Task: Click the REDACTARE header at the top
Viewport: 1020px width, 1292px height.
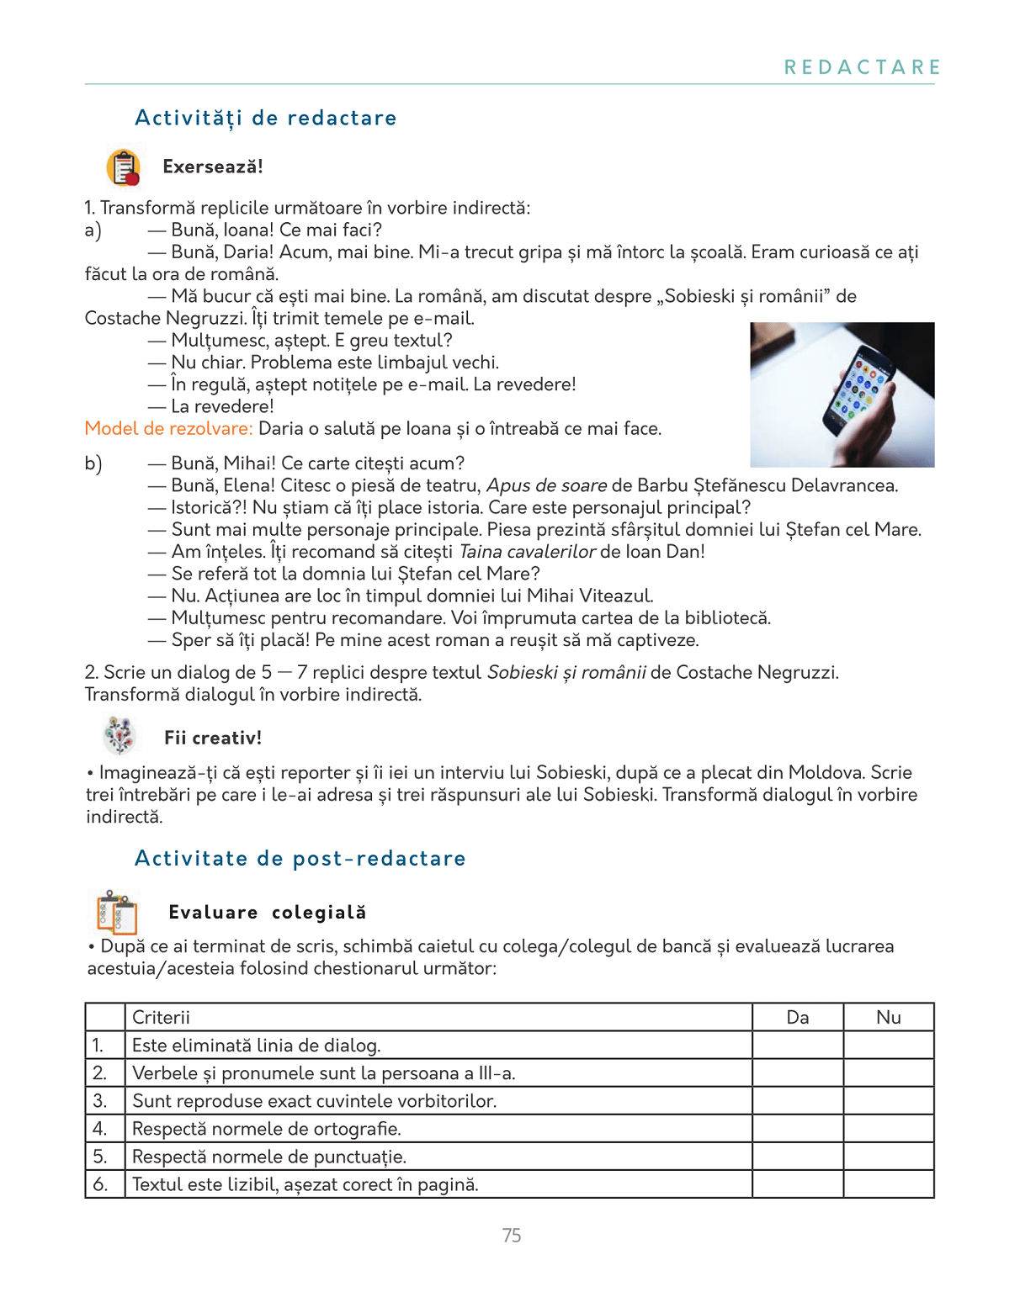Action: pyautogui.click(x=863, y=67)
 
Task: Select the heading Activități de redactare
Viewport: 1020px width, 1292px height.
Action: pyautogui.click(x=266, y=118)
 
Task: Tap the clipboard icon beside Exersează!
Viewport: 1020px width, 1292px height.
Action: pyautogui.click(x=124, y=167)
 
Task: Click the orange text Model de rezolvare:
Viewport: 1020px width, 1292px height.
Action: pyautogui.click(x=168, y=429)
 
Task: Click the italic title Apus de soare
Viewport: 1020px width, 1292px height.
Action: pyautogui.click(x=547, y=486)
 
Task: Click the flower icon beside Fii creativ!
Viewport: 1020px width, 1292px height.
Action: pyautogui.click(x=120, y=736)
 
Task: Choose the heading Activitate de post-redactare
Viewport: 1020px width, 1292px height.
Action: pyautogui.click(x=300, y=859)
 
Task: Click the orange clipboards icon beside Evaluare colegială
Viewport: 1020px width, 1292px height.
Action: pyautogui.click(x=117, y=912)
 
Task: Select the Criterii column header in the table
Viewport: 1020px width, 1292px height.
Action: pyautogui.click(x=162, y=1018)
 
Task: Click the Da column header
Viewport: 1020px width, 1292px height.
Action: pyautogui.click(x=798, y=1018)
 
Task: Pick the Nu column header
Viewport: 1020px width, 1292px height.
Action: pyautogui.click(x=889, y=1018)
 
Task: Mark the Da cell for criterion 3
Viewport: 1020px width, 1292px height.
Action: pyautogui.click(x=798, y=1101)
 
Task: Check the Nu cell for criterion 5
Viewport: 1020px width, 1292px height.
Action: pyautogui.click(x=889, y=1157)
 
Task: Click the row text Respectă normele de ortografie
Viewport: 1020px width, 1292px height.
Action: pyautogui.click(x=267, y=1129)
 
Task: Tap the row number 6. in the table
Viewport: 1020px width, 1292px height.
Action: pyautogui.click(x=100, y=1184)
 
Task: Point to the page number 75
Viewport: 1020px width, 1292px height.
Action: pyautogui.click(x=512, y=1236)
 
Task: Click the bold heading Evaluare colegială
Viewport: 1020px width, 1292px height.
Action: pyautogui.click(x=268, y=913)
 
